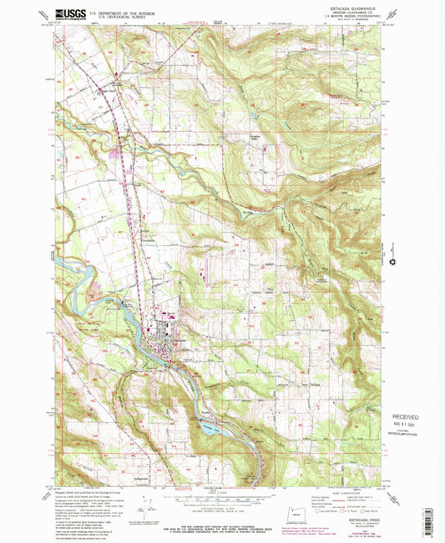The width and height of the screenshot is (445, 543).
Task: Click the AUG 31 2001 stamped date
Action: (407, 424)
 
